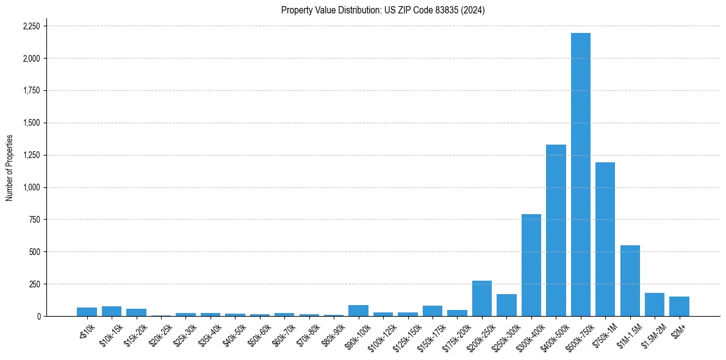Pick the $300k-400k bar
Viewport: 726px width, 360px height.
tap(531, 265)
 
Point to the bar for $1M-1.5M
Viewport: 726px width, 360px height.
tap(630, 281)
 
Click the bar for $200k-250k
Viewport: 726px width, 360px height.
tap(482, 298)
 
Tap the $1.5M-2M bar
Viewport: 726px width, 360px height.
tap(655, 304)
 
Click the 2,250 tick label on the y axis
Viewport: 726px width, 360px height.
tap(31, 26)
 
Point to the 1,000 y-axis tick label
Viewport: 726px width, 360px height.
tap(31, 187)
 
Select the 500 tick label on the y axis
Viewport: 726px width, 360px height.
tap(35, 252)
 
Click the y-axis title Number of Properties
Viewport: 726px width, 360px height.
tap(9, 168)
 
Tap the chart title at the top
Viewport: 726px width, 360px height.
tap(383, 10)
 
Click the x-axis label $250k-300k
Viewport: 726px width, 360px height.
tap(503, 335)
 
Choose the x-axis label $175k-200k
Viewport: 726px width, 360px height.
tap(454, 335)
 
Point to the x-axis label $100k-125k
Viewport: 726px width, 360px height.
tap(380, 335)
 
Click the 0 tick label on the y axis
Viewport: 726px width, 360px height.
tap(38, 316)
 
